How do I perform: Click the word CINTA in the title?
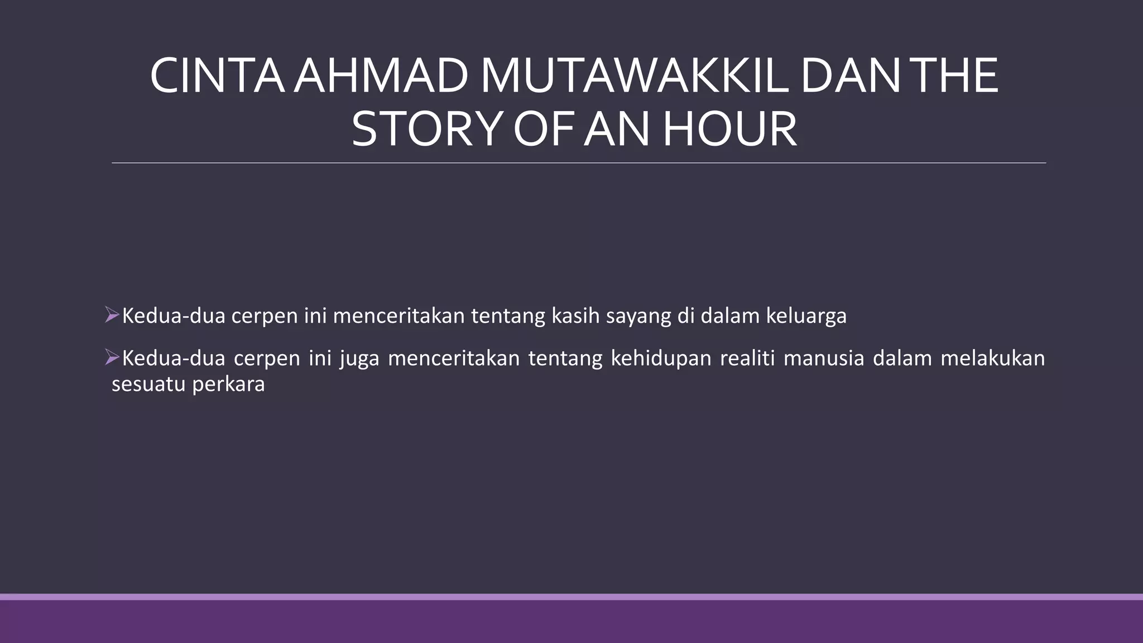[x=217, y=76]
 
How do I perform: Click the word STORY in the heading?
[x=427, y=130]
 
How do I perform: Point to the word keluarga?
[x=806, y=316]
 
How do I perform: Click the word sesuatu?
[x=147, y=385]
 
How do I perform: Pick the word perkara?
[x=228, y=385]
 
